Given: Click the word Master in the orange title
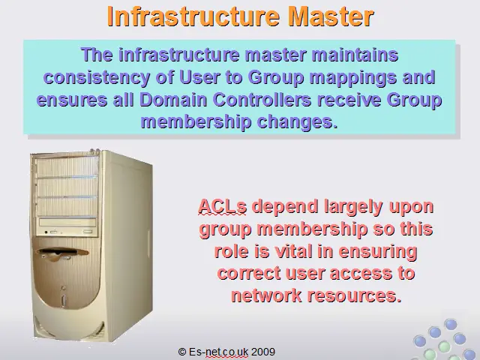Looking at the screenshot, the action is (331, 16).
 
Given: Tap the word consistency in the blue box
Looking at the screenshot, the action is (97, 78).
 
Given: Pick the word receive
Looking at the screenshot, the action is (349, 100).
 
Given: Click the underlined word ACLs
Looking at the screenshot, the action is (222, 207).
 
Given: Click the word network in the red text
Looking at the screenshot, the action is (266, 295).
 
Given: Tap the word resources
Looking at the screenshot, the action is (354, 295).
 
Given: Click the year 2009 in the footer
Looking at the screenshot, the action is (263, 352).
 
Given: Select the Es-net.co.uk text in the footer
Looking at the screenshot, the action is (218, 352).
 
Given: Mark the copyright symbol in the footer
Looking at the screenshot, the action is (182, 352).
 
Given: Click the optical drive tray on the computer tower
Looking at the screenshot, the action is (67, 222).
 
